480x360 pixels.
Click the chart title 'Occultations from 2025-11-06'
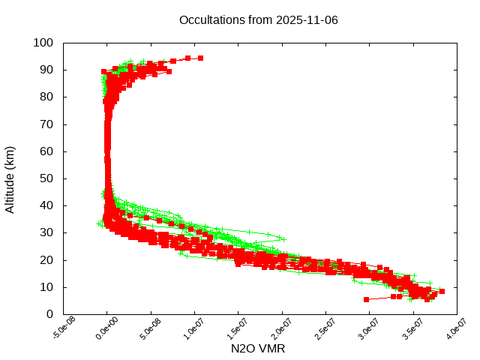point(258,19)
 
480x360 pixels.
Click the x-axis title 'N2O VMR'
point(258,349)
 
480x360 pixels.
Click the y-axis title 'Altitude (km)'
point(10,179)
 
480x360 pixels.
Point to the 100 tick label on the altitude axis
point(42,43)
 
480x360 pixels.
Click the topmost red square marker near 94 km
point(200,58)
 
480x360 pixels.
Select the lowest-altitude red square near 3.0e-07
point(366,299)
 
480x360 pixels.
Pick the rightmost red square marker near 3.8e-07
point(442,291)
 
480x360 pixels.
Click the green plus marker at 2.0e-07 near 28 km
point(282,238)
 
